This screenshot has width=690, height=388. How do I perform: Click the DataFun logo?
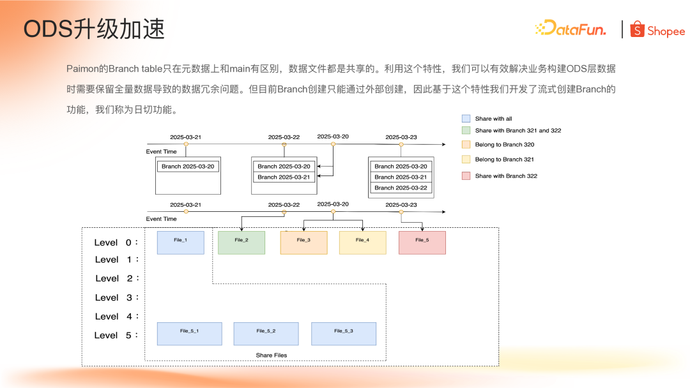[570, 29]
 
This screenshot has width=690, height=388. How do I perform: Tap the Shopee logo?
[657, 30]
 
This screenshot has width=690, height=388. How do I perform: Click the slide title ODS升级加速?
[94, 29]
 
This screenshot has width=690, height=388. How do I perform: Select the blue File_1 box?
[181, 243]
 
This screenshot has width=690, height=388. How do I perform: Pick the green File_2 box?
[241, 243]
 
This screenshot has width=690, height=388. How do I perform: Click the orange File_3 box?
[303, 243]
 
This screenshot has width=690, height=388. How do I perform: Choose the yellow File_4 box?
[362, 243]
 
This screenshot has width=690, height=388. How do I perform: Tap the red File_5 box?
[422, 243]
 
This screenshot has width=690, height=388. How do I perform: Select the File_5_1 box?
[189, 333]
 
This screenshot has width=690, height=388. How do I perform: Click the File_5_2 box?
[266, 333]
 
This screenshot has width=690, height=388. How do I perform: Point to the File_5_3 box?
[344, 333]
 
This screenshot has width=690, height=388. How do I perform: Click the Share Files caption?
[272, 355]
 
